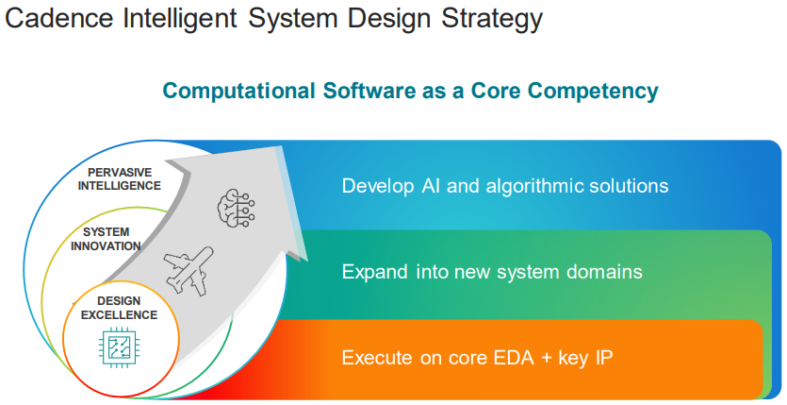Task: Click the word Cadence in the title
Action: point(59,18)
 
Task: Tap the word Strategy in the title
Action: point(492,19)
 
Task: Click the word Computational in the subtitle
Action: point(238,92)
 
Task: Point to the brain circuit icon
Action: point(236,208)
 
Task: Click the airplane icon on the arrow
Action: point(189,271)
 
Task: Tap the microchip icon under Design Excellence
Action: point(116,347)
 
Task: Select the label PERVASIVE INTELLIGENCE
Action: point(120,179)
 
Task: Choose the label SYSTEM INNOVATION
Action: point(106,239)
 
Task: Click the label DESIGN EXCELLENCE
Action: point(120,308)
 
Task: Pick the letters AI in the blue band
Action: point(430,186)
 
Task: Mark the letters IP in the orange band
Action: point(604,358)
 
